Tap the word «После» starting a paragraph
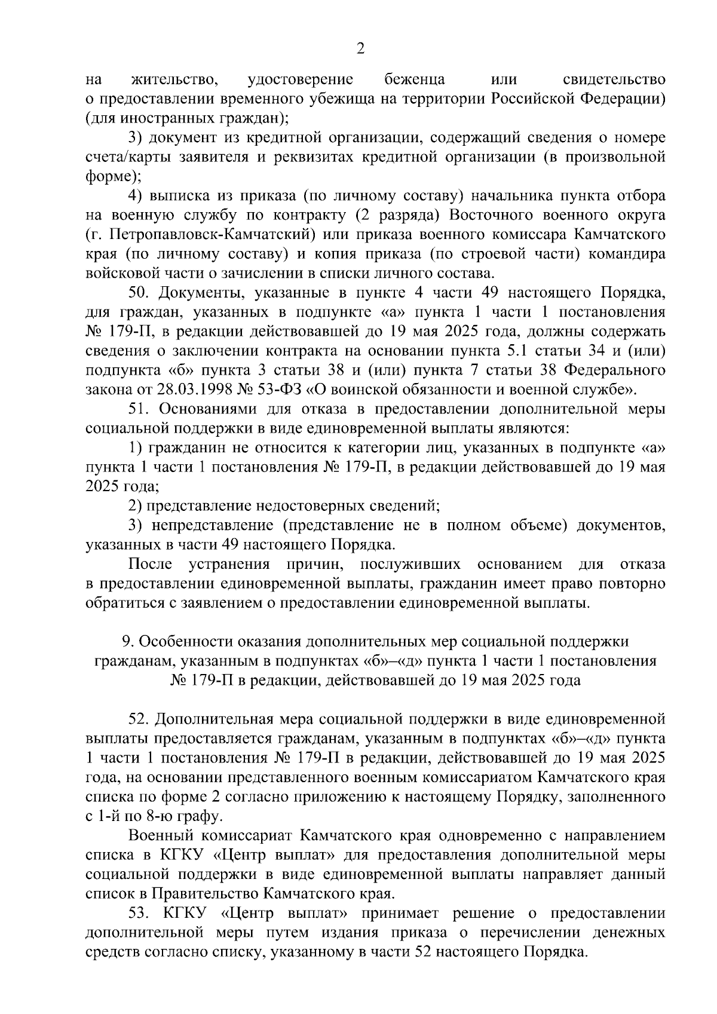(x=149, y=564)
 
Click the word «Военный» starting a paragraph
(x=159, y=835)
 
